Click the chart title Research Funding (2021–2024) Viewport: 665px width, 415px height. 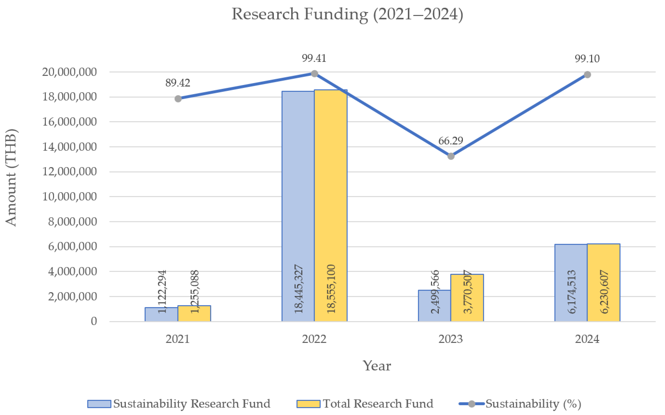[347, 14]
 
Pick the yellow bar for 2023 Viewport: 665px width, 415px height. [467, 298]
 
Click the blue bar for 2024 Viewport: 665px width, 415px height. [571, 283]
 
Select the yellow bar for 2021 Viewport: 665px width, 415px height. [194, 313]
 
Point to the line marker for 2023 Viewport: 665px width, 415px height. [451, 156]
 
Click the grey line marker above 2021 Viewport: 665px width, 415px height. [178, 99]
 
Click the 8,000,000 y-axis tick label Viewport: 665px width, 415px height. [73, 222]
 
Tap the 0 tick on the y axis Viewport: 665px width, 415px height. [94, 321]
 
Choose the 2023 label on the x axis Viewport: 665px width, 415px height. [451, 339]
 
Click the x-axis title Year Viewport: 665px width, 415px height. [377, 366]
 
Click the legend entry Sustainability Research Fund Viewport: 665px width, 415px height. [179, 404]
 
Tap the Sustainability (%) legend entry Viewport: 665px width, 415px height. [520, 404]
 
